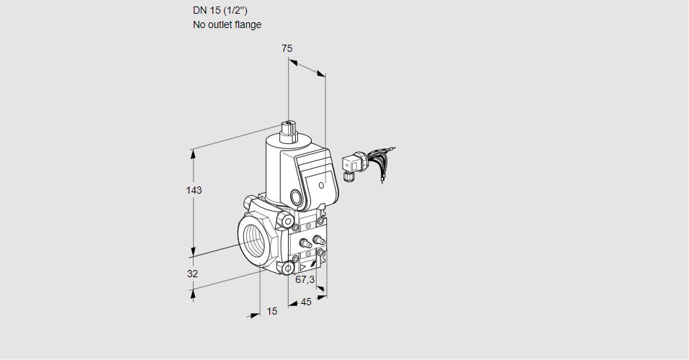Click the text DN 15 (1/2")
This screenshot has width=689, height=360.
[x=221, y=10]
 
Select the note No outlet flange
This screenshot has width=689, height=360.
[x=227, y=24]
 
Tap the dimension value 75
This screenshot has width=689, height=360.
[x=287, y=48]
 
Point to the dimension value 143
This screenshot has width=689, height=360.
[x=194, y=190]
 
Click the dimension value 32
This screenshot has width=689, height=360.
[x=192, y=274]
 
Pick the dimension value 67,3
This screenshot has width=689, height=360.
[x=305, y=279]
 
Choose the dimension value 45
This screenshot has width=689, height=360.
[x=306, y=302]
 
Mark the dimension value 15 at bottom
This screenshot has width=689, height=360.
[x=271, y=311]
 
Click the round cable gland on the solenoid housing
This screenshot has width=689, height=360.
[x=297, y=197]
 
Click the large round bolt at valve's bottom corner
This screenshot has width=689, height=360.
[x=289, y=269]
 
